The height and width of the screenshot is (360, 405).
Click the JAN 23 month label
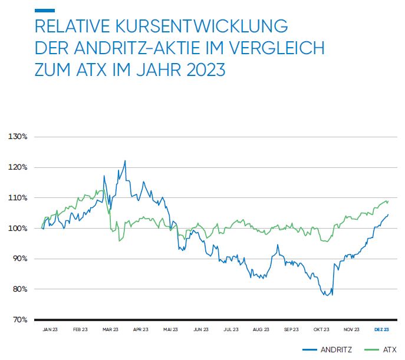point(51,329)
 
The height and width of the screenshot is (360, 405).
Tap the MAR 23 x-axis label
point(111,329)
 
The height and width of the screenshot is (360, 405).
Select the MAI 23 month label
point(171,329)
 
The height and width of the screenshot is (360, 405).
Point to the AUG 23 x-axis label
point(261,329)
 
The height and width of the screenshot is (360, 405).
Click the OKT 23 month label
point(321,329)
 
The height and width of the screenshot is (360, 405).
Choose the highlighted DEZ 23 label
point(381,329)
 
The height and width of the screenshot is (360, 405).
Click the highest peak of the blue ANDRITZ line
point(125,160)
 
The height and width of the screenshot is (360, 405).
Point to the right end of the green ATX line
point(388,202)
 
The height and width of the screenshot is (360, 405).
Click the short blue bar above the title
point(45,10)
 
